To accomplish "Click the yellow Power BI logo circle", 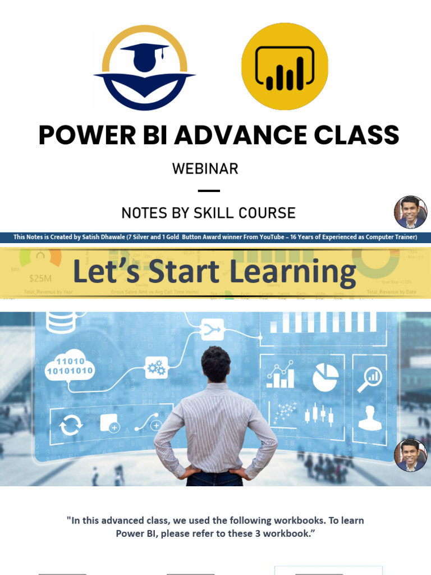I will point(285,66).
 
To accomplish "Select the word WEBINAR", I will point(205,168).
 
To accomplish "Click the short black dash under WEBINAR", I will point(209,191).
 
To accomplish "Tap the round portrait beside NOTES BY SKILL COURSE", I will point(410,212).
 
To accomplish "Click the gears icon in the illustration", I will point(156,367).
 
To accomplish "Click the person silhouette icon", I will point(369,418).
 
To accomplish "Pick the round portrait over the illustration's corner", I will point(410,455).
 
